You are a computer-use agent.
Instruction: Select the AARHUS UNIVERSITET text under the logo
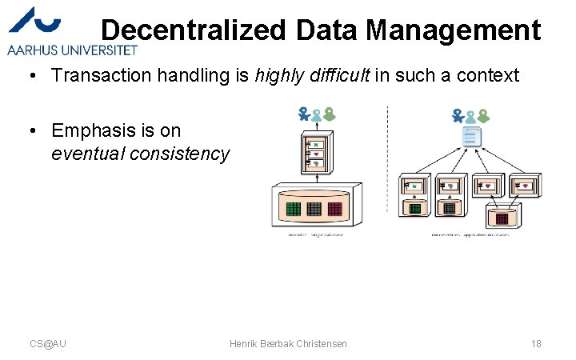(x=73, y=50)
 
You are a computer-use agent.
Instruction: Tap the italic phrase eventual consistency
(x=140, y=154)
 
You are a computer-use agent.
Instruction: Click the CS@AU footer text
(x=48, y=343)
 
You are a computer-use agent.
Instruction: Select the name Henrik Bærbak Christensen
(x=288, y=343)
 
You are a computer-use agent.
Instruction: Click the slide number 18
(x=535, y=343)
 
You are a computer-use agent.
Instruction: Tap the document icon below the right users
(x=472, y=138)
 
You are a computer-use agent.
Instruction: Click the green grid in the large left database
(x=293, y=209)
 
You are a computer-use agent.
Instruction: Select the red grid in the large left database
(x=334, y=209)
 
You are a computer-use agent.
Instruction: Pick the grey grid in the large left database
(x=314, y=209)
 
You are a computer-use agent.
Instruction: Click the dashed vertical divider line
(x=387, y=160)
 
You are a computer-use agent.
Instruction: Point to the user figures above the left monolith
(x=316, y=114)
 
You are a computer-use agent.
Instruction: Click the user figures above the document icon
(x=472, y=116)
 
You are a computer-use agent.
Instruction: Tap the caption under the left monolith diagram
(x=316, y=235)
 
